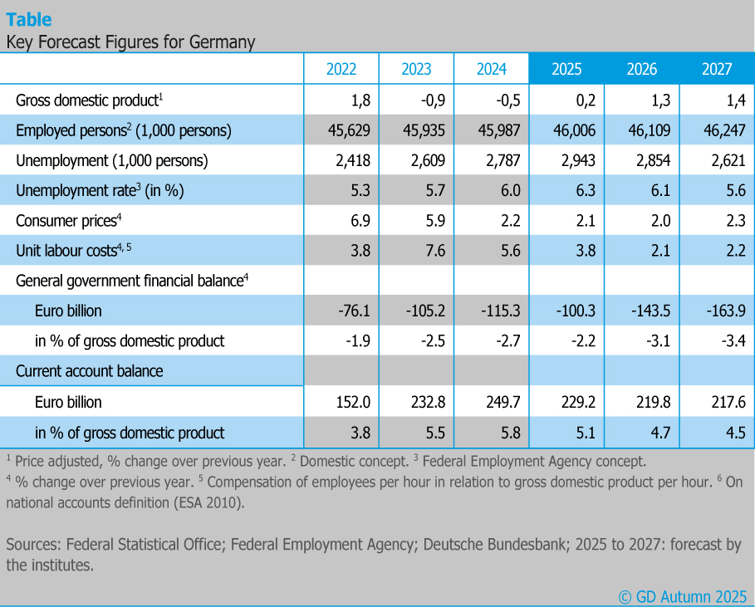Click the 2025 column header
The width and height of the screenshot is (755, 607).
tap(566, 69)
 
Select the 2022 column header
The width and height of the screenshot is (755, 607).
tap(341, 69)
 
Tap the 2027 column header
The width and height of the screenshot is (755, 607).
tap(717, 69)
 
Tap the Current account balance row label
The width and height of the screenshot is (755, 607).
tap(90, 371)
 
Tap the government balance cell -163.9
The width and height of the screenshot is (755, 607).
tap(722, 311)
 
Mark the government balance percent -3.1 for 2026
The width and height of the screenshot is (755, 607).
tap(654, 341)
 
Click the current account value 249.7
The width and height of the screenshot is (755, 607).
tap(500, 402)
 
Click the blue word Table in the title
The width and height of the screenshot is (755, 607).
tap(29, 19)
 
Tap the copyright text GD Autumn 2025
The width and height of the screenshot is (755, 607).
tap(683, 596)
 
